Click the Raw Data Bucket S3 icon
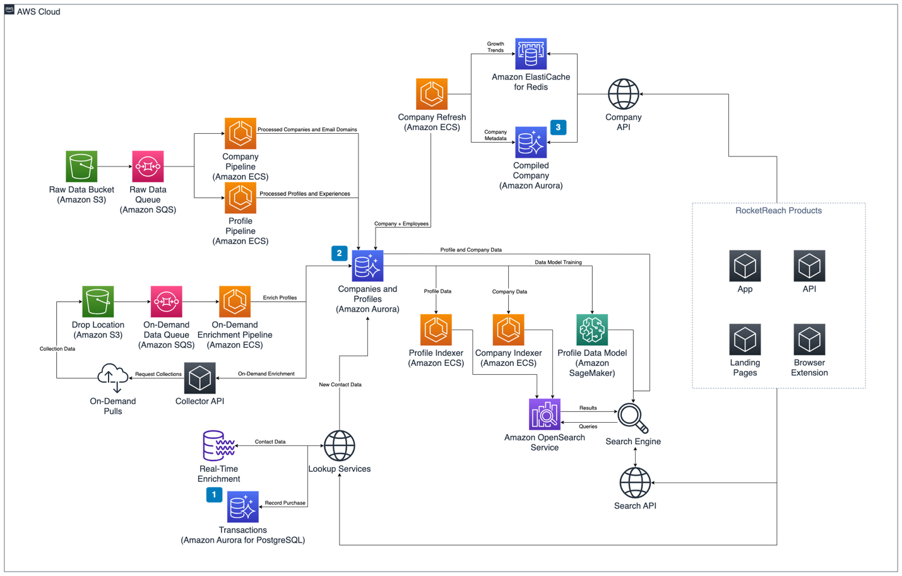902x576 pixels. pyautogui.click(x=81, y=167)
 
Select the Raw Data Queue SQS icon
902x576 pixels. pyautogui.click(x=148, y=167)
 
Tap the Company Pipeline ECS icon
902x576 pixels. pyautogui.click(x=240, y=133)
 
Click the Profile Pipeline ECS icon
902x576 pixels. pyautogui.click(x=240, y=198)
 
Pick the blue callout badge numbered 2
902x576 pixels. pyautogui.click(x=339, y=253)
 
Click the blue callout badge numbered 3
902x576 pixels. pyautogui.click(x=558, y=127)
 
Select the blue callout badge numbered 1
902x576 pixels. pyautogui.click(x=214, y=495)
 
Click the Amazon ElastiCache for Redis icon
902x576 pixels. pyautogui.click(x=531, y=54)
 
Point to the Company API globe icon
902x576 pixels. pyautogui.click(x=623, y=94)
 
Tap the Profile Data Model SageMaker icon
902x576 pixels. pyautogui.click(x=592, y=330)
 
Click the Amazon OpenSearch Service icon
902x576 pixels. pyautogui.click(x=544, y=414)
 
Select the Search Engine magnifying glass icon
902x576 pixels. pyautogui.click(x=632, y=418)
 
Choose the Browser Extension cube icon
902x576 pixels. pyautogui.click(x=809, y=339)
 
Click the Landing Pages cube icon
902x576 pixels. pyautogui.click(x=745, y=339)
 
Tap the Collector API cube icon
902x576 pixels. pyautogui.click(x=199, y=378)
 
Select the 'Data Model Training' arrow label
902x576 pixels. pyautogui.click(x=558, y=262)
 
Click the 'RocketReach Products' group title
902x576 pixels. pyautogui.click(x=778, y=211)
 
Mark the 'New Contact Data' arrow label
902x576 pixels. pyautogui.click(x=340, y=384)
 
